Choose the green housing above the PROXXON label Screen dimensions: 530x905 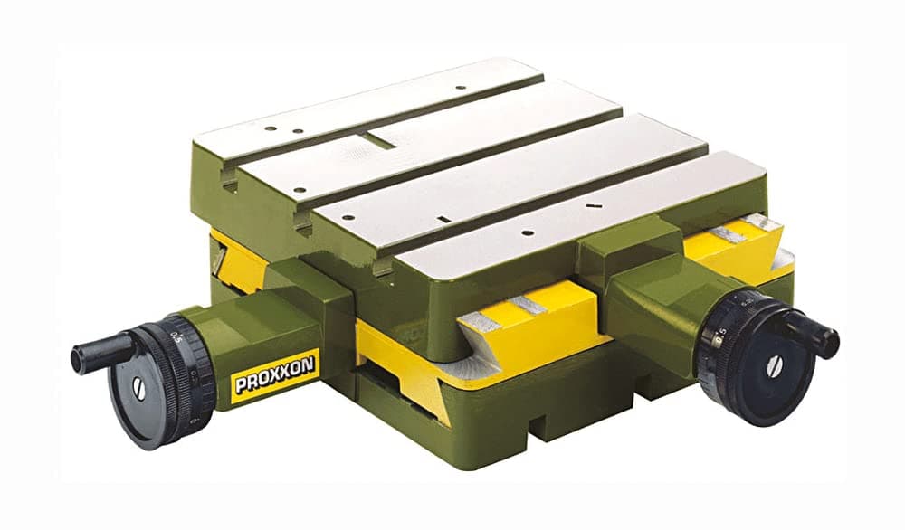(271, 317)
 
